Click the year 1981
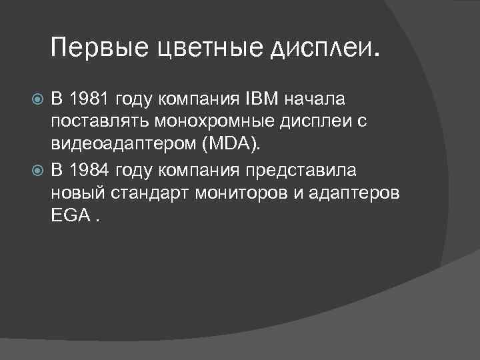(89, 99)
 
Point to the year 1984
(89, 171)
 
